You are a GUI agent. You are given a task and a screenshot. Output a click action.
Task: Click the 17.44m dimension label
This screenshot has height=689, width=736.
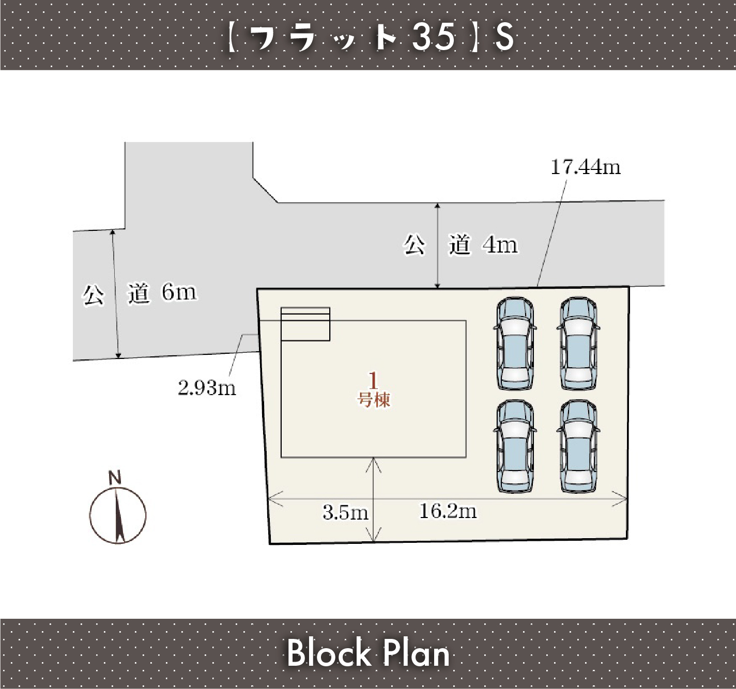[x=586, y=167]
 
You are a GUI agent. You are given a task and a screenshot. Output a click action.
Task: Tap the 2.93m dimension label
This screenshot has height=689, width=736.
[x=207, y=388]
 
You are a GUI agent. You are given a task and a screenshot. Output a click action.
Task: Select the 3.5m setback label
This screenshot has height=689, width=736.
[x=345, y=512]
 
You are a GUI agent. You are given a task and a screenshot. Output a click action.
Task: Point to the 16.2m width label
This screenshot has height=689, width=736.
[x=448, y=511]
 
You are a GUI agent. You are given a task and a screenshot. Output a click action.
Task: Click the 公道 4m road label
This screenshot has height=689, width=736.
[x=461, y=244]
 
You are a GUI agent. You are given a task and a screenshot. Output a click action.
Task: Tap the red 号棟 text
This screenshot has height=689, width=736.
[x=374, y=400]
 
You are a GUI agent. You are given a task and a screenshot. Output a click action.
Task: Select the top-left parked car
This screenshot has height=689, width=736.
[x=515, y=343]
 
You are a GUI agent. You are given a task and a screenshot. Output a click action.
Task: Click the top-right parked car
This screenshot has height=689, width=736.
[x=578, y=343]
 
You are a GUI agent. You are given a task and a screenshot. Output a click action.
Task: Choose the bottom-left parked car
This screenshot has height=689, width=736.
[x=515, y=446]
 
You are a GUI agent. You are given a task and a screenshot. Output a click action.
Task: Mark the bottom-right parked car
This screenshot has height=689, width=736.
[x=578, y=446]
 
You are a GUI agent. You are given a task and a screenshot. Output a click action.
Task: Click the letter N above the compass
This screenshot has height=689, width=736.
[x=115, y=478]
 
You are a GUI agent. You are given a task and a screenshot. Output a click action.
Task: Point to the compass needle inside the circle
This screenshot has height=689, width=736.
[x=118, y=515]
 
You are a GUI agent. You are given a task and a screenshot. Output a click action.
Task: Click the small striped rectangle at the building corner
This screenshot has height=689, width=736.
[x=305, y=324]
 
